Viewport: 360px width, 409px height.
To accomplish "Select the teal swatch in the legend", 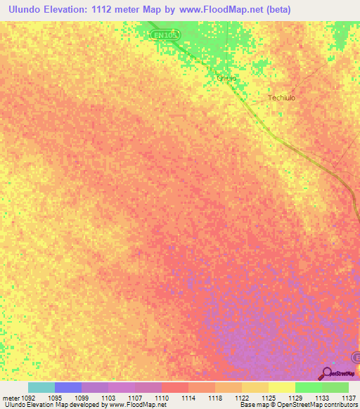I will click(x=41, y=387).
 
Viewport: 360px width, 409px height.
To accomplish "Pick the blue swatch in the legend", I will click(x=68, y=387).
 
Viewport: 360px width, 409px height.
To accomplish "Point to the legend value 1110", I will click(x=162, y=397).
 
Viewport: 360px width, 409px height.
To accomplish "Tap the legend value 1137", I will click(x=349, y=397).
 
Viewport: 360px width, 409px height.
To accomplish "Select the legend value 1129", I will click(x=295, y=397).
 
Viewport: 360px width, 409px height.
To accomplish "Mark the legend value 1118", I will click(x=215, y=397).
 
